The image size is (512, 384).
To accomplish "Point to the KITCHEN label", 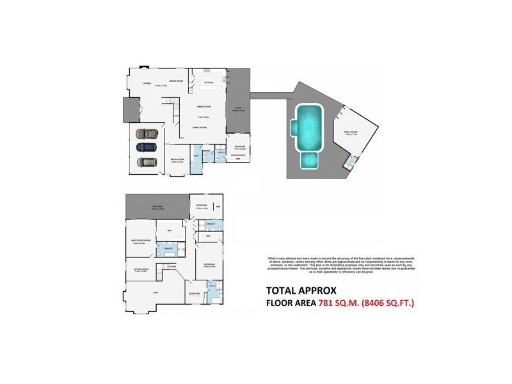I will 208,83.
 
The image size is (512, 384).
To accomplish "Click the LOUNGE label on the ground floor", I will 147,83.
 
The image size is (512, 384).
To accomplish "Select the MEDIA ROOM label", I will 177,160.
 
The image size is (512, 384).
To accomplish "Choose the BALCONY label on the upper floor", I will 157,207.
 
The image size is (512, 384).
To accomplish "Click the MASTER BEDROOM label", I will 141,241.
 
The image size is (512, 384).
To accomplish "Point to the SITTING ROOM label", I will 141,269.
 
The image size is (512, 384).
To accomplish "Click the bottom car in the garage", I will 147,163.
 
